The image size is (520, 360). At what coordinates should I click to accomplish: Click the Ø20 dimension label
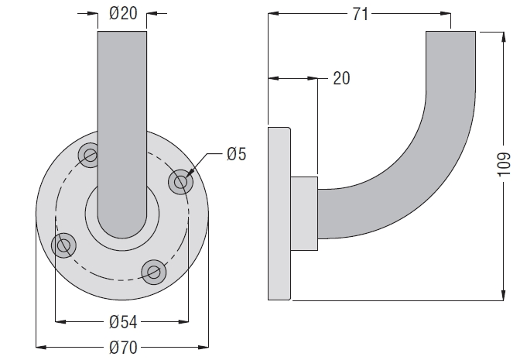coord(123,14)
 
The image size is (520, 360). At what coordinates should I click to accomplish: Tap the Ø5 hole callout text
coord(237,154)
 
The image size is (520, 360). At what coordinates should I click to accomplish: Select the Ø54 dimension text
coord(123,322)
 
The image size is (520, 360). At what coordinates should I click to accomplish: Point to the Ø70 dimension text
coord(123,348)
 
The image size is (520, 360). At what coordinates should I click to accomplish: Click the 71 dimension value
coord(360,14)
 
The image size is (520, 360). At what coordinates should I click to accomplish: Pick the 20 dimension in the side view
coord(341,79)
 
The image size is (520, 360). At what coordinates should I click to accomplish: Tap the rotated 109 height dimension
coord(504,165)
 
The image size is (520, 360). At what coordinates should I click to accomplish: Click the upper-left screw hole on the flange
coord(90,155)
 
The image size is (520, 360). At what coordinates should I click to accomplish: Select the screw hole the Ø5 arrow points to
coord(180,182)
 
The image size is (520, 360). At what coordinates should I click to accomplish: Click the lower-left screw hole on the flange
coord(63,245)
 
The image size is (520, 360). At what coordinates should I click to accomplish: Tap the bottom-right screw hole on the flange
coord(153,273)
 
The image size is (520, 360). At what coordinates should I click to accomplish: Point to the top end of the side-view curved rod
coord(450,33)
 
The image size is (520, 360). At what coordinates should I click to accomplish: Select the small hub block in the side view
coord(304,214)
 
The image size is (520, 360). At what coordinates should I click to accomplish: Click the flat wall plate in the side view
coord(279,214)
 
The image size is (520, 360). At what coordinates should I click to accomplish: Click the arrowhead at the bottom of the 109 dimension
coord(504,294)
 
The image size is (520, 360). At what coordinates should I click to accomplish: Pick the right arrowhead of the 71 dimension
coord(445,14)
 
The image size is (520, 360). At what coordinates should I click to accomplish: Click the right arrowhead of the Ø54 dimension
coord(183,321)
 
